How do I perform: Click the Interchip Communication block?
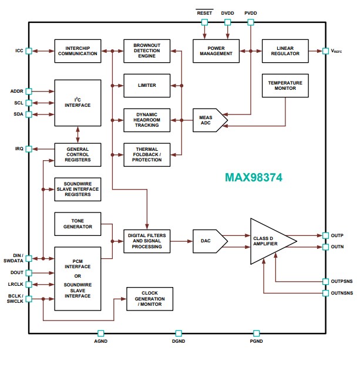pyautogui.click(x=78, y=51)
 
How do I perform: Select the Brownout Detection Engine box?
pyautogui.click(x=147, y=51)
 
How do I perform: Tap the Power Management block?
pyautogui.click(x=216, y=51)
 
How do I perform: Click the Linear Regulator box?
pyautogui.click(x=285, y=51)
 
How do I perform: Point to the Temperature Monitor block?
pyautogui.click(x=285, y=85)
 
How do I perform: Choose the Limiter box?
pyautogui.click(x=147, y=86)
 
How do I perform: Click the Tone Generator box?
pyautogui.click(x=78, y=224)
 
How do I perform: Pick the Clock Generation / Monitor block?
pyautogui.click(x=150, y=299)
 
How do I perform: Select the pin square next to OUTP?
pyautogui.click(x=325, y=235)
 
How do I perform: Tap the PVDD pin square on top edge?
pyautogui.click(x=251, y=22)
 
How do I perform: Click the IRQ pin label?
pyautogui.click(x=19, y=149)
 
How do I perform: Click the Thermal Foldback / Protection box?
pyautogui.click(x=147, y=154)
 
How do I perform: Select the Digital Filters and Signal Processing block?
pyautogui.click(x=147, y=241)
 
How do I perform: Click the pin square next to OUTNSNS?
pyautogui.click(x=325, y=292)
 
